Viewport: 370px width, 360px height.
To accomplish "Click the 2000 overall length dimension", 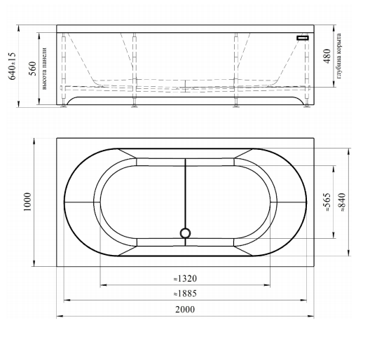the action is pos(185,309).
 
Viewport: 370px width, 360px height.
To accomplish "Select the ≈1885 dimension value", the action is pos(185,293).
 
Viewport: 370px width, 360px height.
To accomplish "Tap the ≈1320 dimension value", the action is pos(185,278).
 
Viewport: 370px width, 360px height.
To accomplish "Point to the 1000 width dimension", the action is pos(27,202).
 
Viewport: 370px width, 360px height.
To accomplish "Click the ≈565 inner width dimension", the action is pos(327,202).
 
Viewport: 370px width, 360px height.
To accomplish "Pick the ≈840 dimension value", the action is pos(342,202).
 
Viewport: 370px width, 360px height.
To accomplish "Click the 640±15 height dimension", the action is pos(12,66).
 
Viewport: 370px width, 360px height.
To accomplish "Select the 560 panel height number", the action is pos(32,69).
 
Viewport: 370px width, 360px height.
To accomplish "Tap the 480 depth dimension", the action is pos(327,56).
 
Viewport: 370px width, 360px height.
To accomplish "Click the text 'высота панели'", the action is pos(44,69).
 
